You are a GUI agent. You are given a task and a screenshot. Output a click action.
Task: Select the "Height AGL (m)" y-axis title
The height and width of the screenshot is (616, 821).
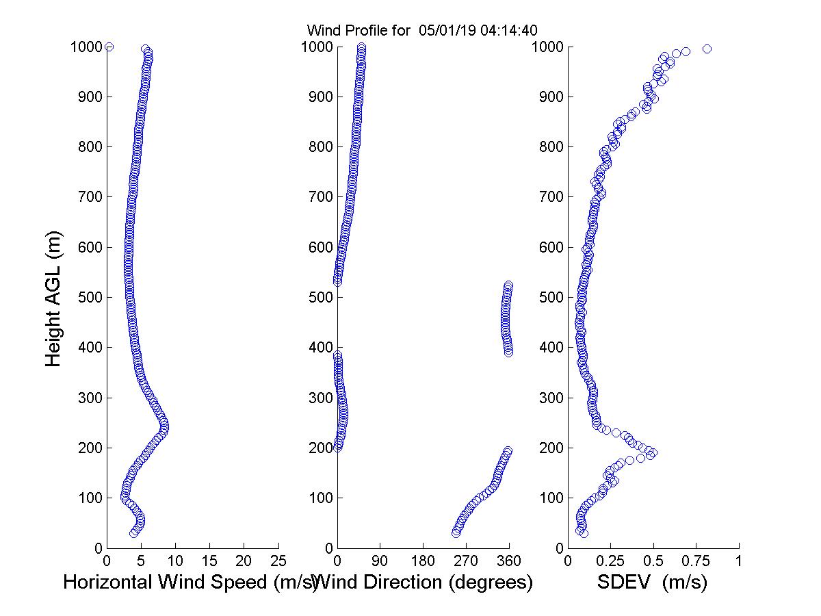tap(54, 298)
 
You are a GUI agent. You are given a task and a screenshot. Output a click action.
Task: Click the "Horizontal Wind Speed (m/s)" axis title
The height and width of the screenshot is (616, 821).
tap(190, 582)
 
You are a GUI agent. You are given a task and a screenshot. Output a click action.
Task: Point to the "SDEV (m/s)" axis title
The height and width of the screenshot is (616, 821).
tap(652, 582)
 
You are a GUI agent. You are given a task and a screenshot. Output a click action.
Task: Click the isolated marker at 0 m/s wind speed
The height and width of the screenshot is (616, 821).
tap(109, 47)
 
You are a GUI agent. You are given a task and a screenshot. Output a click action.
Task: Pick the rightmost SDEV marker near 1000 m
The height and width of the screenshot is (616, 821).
tap(707, 49)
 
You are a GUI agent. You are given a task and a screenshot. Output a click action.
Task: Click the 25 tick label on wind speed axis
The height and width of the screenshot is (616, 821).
tap(278, 561)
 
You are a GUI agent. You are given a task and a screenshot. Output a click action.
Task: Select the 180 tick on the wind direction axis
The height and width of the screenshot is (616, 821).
tap(423, 561)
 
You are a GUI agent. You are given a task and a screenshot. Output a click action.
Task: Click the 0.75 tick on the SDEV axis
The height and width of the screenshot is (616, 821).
tap(696, 561)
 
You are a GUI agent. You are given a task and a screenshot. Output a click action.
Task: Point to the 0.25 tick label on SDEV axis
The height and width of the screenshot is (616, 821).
tap(611, 561)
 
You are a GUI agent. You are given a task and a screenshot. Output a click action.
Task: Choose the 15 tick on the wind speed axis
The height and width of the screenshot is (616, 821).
tap(209, 561)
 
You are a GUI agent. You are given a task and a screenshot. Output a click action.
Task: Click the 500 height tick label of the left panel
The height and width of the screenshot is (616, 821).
tap(86, 298)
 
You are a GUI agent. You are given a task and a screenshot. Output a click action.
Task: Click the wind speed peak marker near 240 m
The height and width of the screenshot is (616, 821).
tap(164, 428)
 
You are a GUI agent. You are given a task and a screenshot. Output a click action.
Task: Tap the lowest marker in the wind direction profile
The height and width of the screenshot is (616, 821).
tap(456, 533)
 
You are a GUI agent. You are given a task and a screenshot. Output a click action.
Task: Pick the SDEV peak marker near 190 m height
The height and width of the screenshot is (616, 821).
tap(653, 452)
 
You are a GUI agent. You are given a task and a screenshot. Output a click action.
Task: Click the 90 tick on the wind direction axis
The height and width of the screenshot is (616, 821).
tap(380, 561)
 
